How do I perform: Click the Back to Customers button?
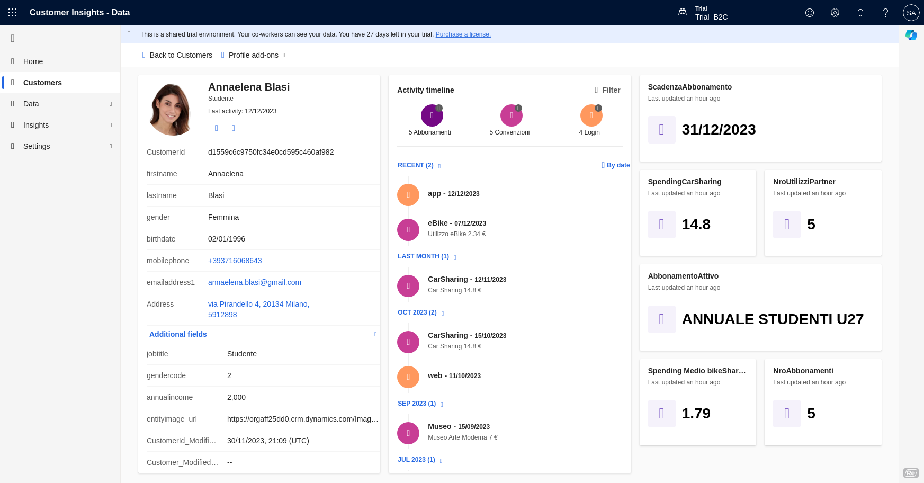click(177, 55)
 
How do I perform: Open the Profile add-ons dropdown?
click(254, 55)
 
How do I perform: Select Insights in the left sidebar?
click(36, 125)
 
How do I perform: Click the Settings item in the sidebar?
click(37, 146)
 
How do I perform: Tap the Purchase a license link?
click(463, 34)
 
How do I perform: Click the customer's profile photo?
click(171, 110)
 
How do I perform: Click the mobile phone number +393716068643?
click(235, 261)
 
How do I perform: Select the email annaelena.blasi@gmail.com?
click(254, 282)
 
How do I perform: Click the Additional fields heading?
click(178, 334)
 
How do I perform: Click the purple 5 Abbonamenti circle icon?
click(432, 115)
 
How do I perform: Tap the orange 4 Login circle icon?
click(591, 115)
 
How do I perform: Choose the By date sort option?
click(616, 165)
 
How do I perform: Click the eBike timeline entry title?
click(438, 223)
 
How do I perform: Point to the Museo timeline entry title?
click(439, 426)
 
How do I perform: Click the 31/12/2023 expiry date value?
click(719, 130)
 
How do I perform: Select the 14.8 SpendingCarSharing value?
click(696, 225)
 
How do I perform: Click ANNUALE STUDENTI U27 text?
click(773, 319)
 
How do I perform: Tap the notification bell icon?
click(860, 13)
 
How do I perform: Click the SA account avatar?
click(911, 13)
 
